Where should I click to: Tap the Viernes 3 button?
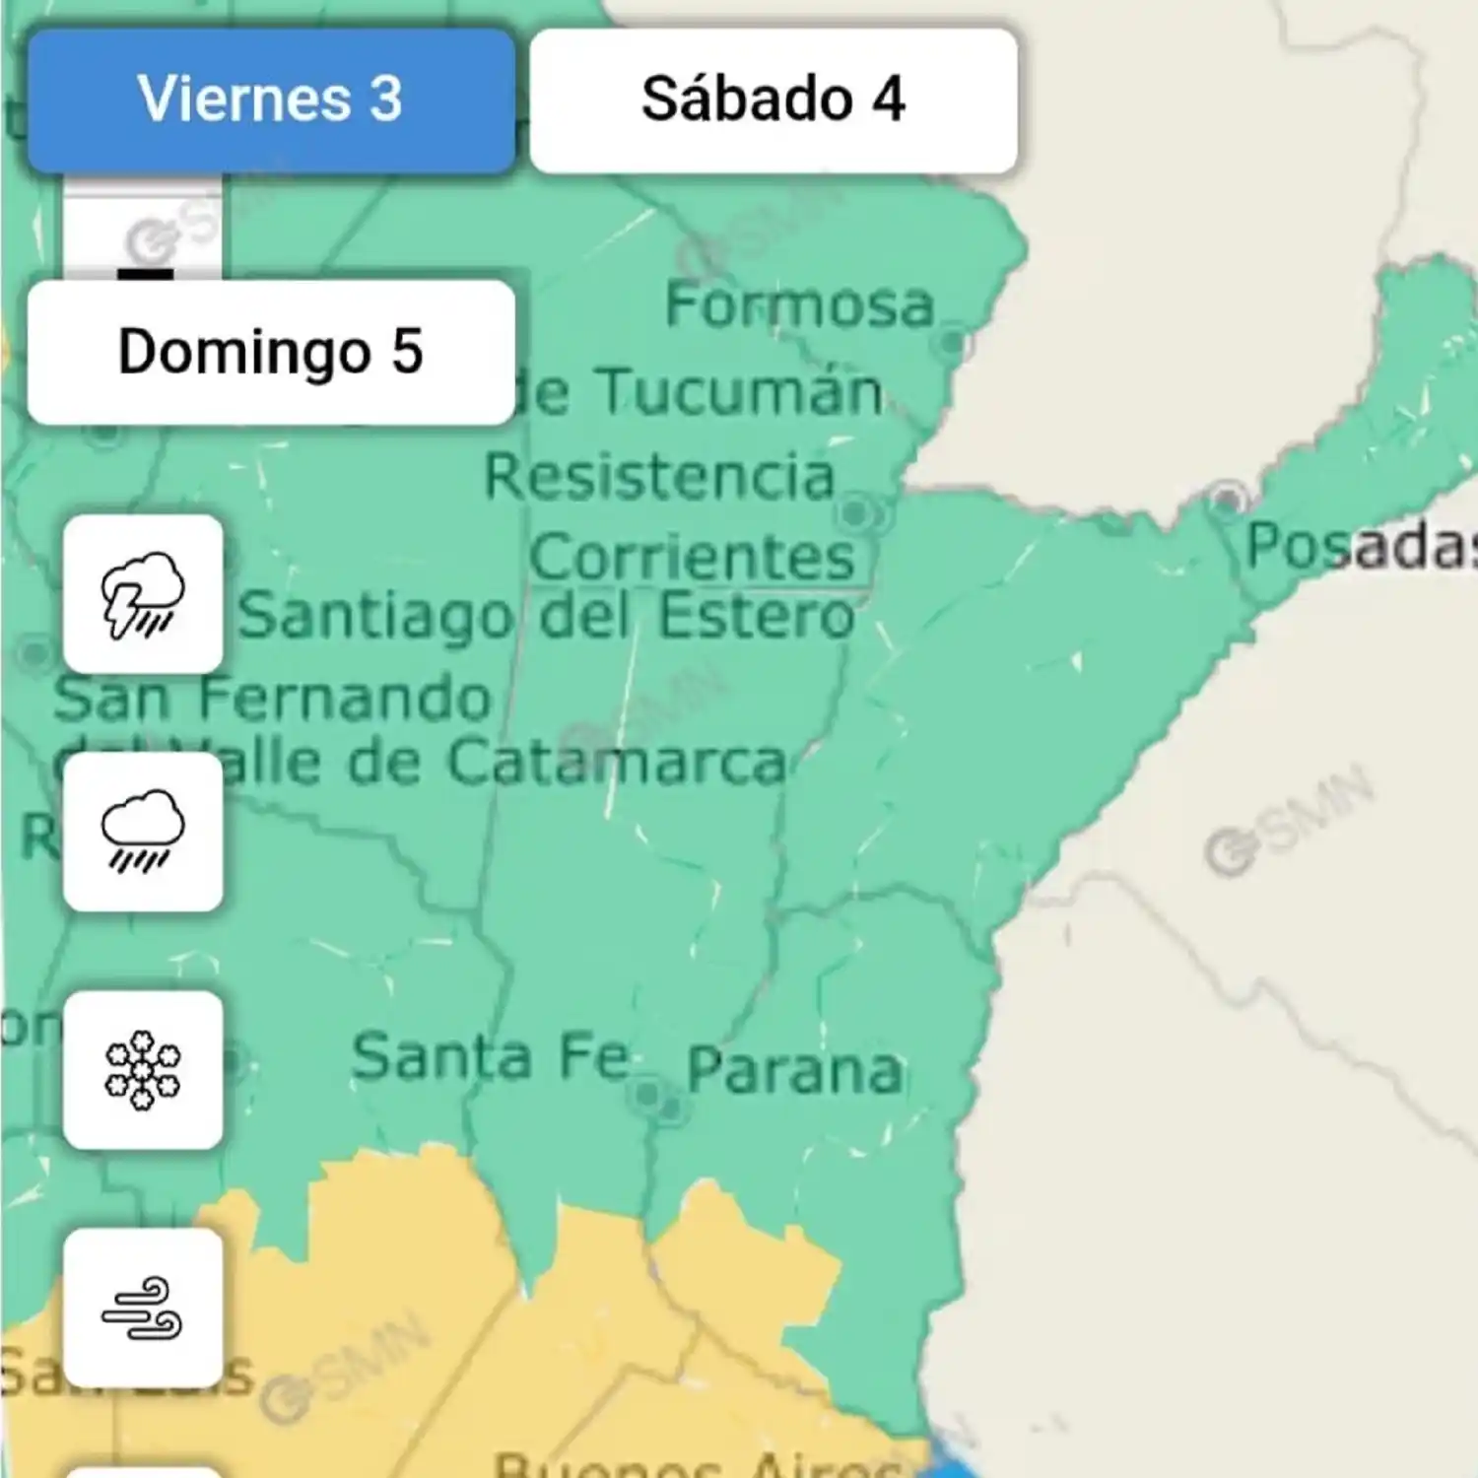(271, 101)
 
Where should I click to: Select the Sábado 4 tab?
(773, 101)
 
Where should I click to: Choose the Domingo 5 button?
(271, 352)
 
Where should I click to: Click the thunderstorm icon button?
(143, 594)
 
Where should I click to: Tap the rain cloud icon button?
(143, 832)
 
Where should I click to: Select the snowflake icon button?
(143, 1070)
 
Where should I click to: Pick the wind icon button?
(143, 1308)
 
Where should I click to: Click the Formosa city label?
(799, 304)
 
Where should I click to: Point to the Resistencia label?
(659, 477)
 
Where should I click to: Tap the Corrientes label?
(692, 558)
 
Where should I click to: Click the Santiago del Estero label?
(547, 617)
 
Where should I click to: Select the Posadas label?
(1360, 546)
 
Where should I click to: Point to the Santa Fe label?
(491, 1056)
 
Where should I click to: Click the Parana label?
(794, 1070)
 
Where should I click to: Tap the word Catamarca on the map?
(617, 762)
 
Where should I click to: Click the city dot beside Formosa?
(952, 343)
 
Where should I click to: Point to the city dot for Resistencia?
(855, 512)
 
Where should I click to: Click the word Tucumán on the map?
(739, 392)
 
